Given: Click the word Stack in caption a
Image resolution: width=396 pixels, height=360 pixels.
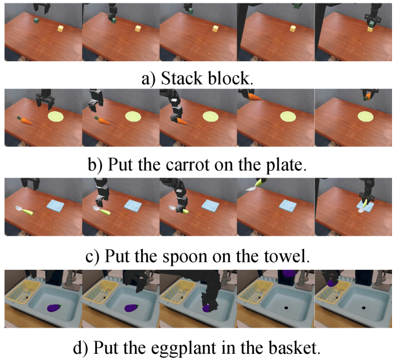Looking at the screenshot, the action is click(x=182, y=78).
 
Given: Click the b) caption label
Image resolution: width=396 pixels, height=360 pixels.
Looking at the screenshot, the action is click(x=95, y=165).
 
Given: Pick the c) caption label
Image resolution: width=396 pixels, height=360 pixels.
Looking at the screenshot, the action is click(x=92, y=257).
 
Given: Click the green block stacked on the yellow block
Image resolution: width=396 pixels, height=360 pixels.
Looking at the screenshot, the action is click(x=371, y=25).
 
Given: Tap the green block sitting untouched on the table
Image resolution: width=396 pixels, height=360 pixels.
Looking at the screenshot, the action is click(x=37, y=21).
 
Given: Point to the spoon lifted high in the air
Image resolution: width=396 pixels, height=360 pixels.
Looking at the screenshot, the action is click(x=256, y=185).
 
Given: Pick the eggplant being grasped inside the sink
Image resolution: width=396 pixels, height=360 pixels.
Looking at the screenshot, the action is click(x=207, y=308).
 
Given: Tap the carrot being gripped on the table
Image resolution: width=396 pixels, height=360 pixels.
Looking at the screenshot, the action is click(x=181, y=121).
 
